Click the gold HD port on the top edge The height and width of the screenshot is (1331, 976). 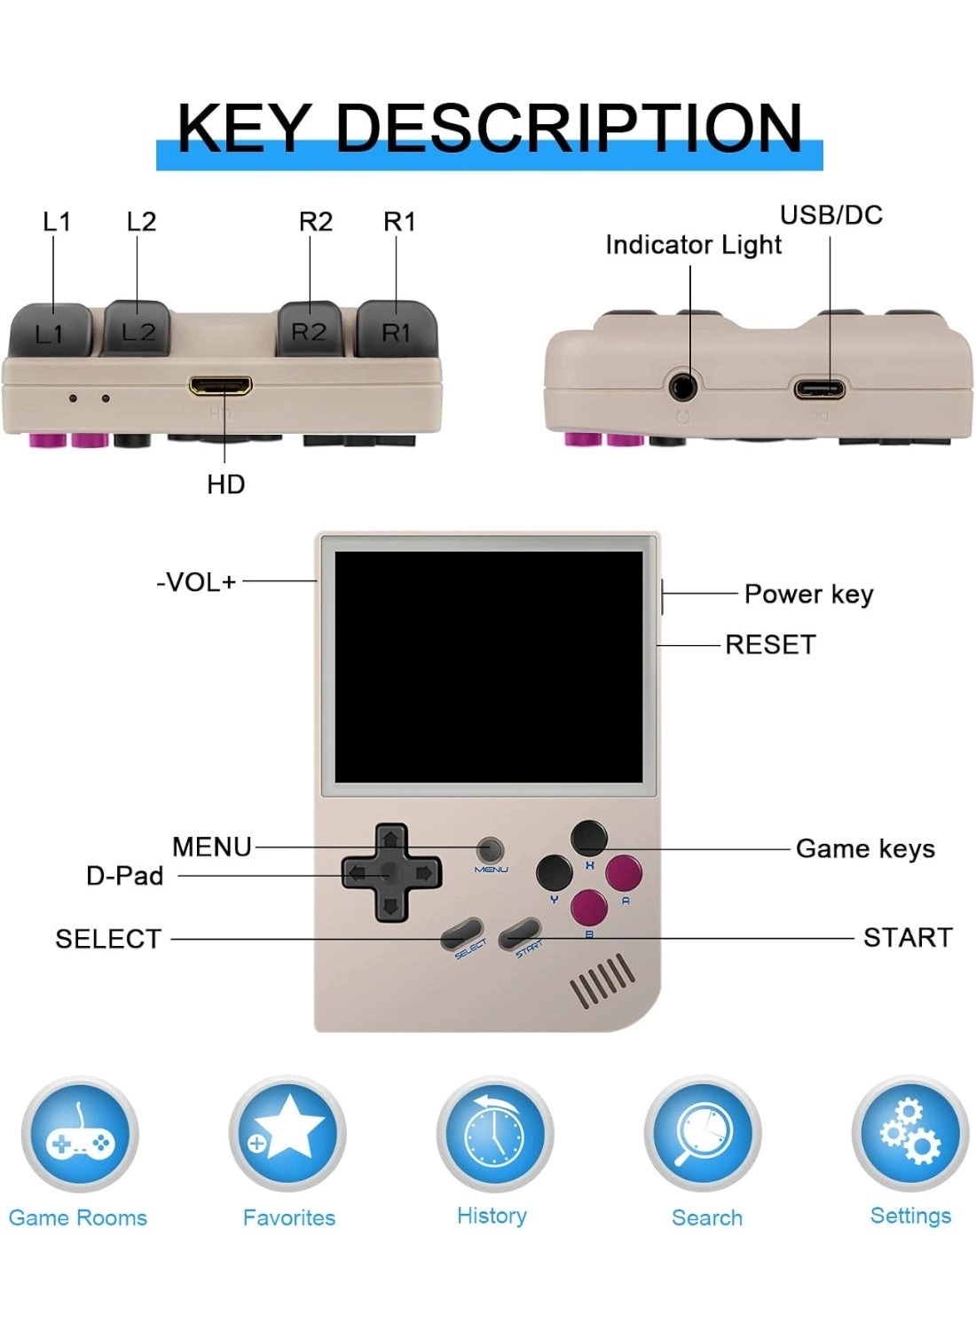tap(220, 386)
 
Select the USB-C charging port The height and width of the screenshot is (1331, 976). tap(818, 388)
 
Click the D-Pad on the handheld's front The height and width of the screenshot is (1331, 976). tap(390, 873)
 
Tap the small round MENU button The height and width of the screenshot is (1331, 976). tap(491, 848)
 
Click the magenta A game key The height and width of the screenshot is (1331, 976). tap(624, 872)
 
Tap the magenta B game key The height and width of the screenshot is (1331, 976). tap(589, 908)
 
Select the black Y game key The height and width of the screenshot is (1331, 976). tap(555, 872)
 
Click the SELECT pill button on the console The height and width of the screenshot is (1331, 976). tap(463, 933)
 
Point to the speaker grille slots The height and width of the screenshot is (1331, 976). tap(602, 981)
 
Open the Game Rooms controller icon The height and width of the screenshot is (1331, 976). tap(80, 1135)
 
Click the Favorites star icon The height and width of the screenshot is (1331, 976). tap(287, 1133)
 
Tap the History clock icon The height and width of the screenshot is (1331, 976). tap(494, 1133)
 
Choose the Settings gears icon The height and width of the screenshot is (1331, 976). tap(910, 1133)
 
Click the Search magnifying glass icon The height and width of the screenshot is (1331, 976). tap(703, 1133)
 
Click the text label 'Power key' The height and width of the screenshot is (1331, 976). tap(808, 594)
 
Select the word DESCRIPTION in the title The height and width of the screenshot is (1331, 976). tap(569, 127)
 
